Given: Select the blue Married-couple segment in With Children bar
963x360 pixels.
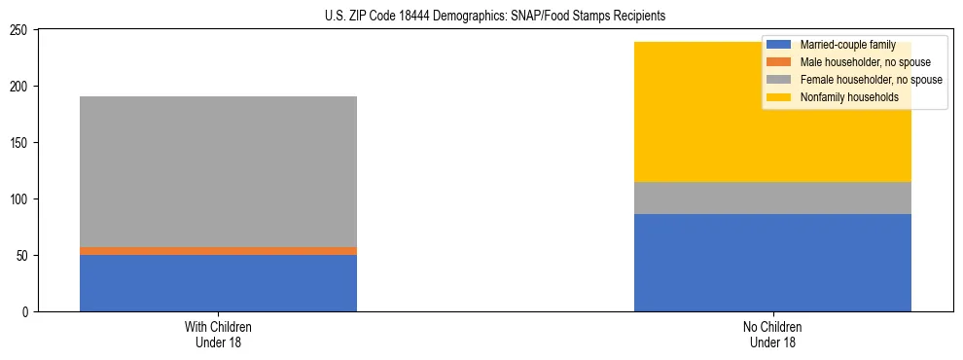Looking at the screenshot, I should pyautogui.click(x=218, y=283).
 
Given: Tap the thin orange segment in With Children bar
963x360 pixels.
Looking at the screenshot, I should pyautogui.click(x=218, y=251).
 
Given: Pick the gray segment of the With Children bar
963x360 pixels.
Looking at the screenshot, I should pyautogui.click(x=218, y=171).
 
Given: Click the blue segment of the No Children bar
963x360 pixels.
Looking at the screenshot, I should pyautogui.click(x=772, y=263).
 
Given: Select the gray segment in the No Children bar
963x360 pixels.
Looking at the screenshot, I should pyautogui.click(x=772, y=198).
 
